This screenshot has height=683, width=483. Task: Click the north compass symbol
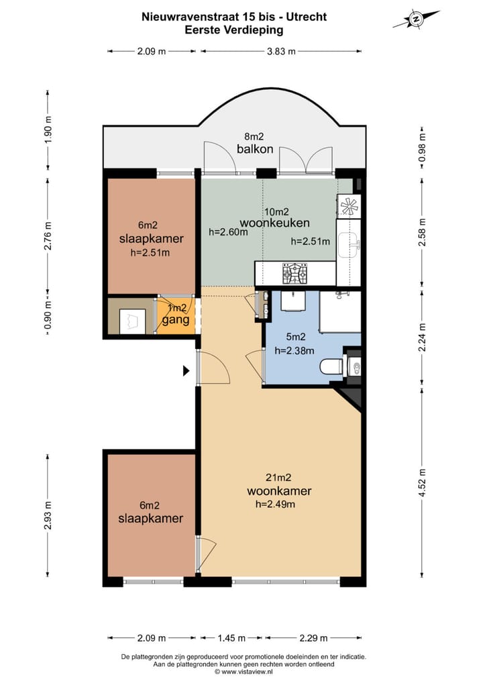coord(416,19)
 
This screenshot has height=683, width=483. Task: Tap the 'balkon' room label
coord(255,149)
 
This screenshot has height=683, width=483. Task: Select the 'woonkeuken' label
coord(275,223)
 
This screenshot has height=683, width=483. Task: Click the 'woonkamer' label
coord(279,491)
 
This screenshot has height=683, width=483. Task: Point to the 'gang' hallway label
coord(176,320)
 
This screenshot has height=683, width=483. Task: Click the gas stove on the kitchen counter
coord(295,272)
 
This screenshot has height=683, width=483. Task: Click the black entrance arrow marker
coord(186,371)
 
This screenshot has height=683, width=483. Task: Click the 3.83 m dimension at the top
coord(281,52)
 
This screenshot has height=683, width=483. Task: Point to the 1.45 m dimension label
coord(231,638)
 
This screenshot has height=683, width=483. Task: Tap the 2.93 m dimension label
coord(48,515)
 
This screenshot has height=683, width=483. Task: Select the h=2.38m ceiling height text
coord(294,350)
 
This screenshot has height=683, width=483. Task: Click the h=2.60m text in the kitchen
coord(228,232)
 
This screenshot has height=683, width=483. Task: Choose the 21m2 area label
coord(279,478)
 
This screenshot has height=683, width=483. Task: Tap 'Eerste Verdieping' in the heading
coord(234,30)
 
